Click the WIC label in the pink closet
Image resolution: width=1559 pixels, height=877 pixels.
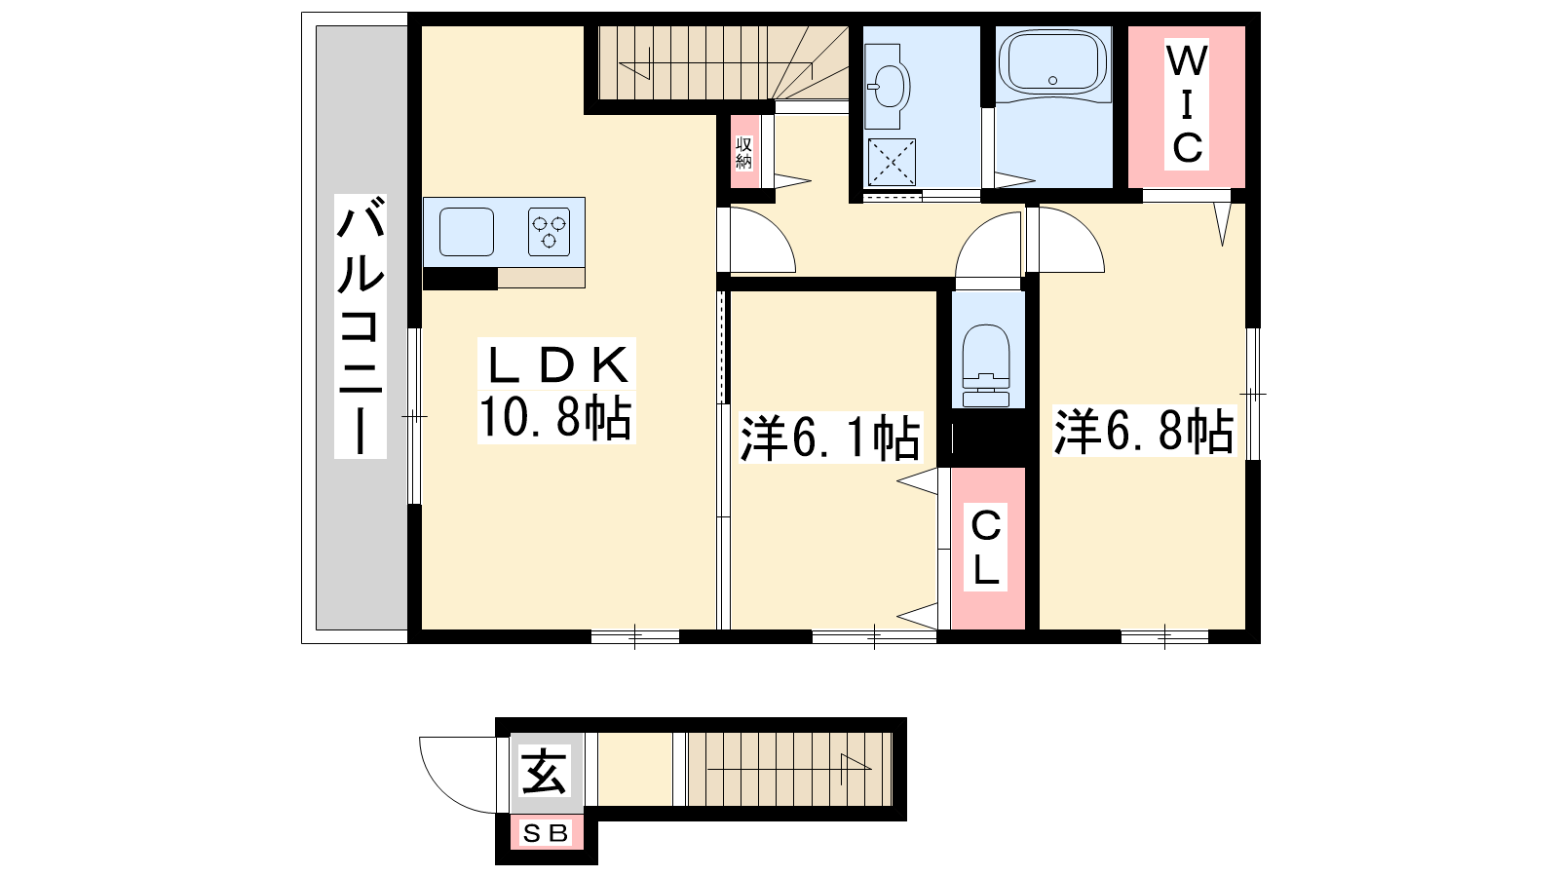(1187, 104)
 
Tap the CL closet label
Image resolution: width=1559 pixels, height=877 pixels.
(985, 547)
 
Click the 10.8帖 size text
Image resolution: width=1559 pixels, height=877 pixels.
(555, 417)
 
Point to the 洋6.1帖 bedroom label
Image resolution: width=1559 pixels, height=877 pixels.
(830, 438)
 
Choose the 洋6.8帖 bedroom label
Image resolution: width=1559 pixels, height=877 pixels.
(1144, 431)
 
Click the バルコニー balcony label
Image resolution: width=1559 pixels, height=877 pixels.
(360, 325)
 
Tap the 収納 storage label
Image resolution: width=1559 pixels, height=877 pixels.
(743, 152)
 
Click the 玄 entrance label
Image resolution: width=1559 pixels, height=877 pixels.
(544, 770)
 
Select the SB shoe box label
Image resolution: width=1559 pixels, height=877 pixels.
(546, 833)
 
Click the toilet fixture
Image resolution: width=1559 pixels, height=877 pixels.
(985, 365)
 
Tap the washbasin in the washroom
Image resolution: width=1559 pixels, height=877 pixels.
(888, 86)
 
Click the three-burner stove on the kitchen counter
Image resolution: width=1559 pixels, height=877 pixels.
(549, 232)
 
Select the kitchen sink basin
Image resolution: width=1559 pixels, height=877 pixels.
(467, 232)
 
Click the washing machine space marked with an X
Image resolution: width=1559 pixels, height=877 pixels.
(892, 162)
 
